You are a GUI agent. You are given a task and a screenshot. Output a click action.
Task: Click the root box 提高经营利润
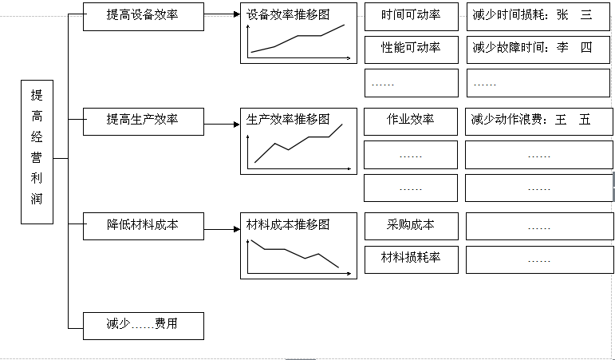[37, 152]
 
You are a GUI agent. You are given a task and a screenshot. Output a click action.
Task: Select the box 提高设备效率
[143, 15]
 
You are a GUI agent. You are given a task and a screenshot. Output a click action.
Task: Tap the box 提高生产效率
[143, 121]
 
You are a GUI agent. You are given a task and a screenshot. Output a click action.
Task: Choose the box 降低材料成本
[143, 226]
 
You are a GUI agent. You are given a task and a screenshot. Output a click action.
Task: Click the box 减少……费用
[143, 325]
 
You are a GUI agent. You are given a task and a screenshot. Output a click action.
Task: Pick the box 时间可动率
[411, 16]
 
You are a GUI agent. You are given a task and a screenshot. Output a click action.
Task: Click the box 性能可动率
[411, 48]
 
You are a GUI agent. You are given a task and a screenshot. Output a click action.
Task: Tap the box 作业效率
[411, 121]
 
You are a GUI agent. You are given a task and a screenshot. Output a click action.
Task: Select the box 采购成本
[411, 226]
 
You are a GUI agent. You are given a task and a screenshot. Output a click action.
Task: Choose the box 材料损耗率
[411, 258]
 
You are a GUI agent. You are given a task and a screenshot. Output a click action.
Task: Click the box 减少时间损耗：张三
[539, 16]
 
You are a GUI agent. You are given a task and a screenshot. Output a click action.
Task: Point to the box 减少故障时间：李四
[539, 48]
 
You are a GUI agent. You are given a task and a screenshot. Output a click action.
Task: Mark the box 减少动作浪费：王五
[539, 121]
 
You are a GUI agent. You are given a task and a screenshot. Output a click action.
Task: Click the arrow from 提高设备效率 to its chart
[222, 15]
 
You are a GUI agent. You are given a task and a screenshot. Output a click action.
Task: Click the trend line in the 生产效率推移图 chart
[299, 144]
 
